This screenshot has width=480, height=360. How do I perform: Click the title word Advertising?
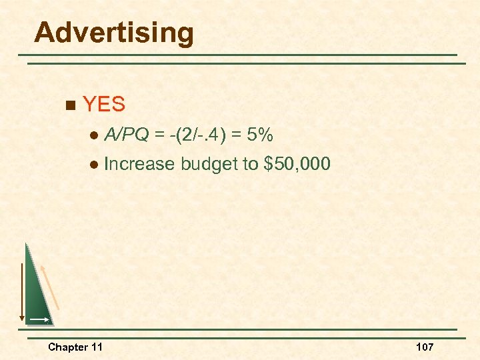(114, 32)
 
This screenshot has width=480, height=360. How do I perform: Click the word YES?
(104, 104)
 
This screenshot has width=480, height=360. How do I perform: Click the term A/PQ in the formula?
(127, 136)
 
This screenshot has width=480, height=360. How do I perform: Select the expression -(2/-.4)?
(201, 136)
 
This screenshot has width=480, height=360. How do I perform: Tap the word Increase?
(139, 164)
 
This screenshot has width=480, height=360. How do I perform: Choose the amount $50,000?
(297, 164)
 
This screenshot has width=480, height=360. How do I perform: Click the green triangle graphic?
(37, 293)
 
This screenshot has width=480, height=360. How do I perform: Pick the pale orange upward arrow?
(50, 287)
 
